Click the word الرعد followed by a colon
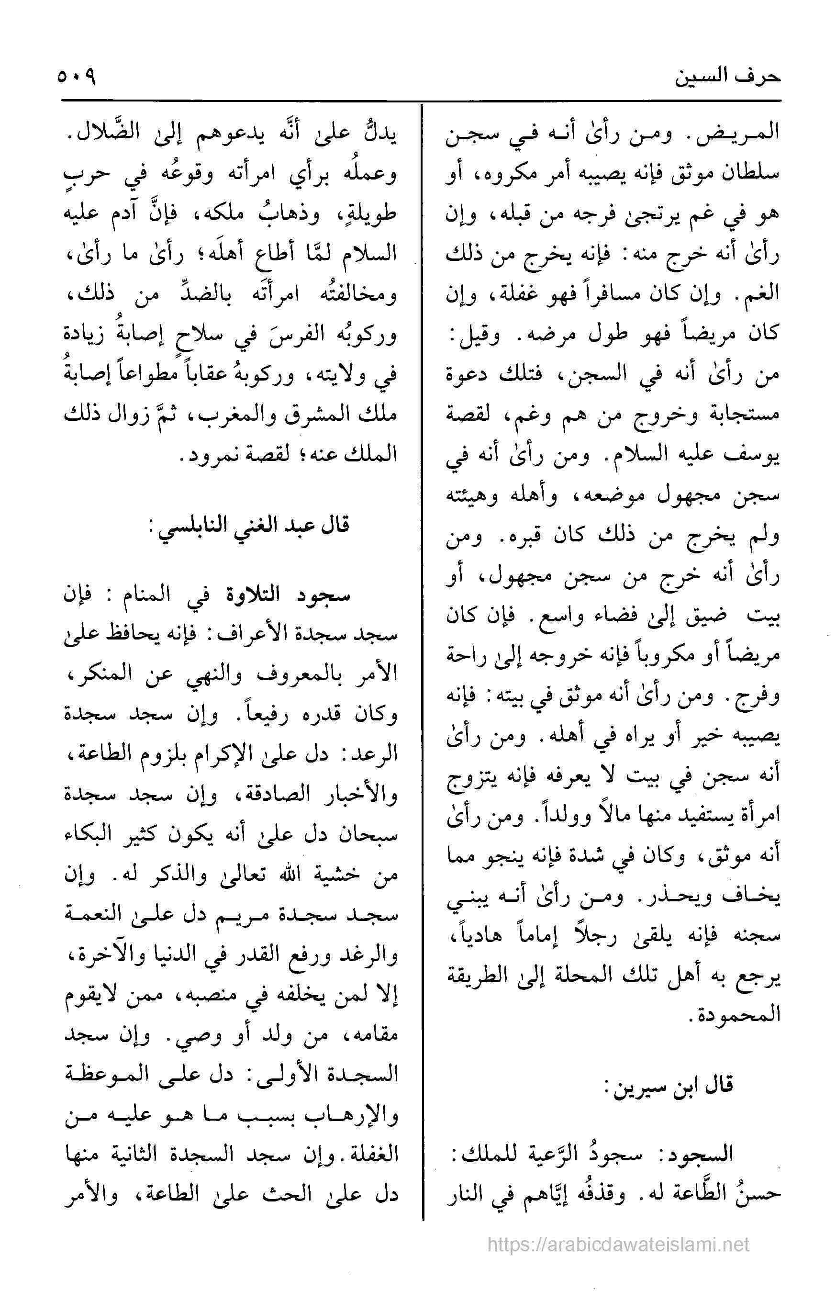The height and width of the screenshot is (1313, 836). pos(376,755)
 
